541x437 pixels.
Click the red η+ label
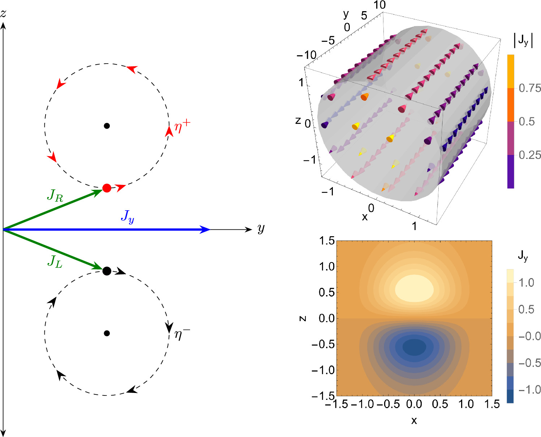182,126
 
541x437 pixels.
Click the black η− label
182,334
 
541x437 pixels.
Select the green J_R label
55,196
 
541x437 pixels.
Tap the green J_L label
55,261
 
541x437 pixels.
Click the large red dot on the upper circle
107,188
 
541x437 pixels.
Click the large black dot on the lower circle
107,271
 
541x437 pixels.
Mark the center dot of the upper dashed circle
107,126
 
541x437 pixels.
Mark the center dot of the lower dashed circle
107,333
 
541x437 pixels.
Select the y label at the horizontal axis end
261,229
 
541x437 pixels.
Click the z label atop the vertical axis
3,14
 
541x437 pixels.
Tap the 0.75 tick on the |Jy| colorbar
530,88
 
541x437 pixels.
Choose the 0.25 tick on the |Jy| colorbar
530,155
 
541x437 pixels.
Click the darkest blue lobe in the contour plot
414,347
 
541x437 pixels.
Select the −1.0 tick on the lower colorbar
529,390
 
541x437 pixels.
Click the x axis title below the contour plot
414,420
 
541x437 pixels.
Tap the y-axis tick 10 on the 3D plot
379,5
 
